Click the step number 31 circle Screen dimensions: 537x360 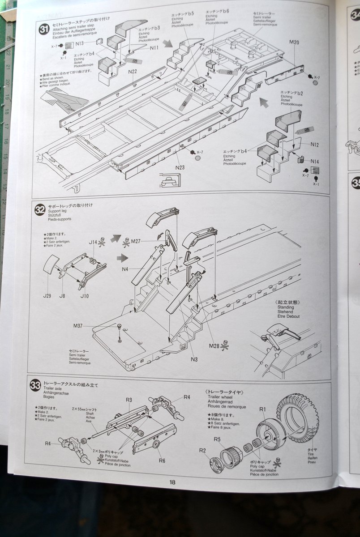coord(44,30)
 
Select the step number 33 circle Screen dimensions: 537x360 coord(35,386)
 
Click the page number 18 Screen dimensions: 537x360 coord(172,482)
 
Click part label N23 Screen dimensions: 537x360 coord(180,167)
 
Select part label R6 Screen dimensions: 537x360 coord(162,460)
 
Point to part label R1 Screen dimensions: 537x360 coord(263,409)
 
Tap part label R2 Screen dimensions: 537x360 coord(202,450)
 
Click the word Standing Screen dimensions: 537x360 coord(286,307)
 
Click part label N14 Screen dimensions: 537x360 coord(315,162)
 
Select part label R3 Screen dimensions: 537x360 coord(129,400)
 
